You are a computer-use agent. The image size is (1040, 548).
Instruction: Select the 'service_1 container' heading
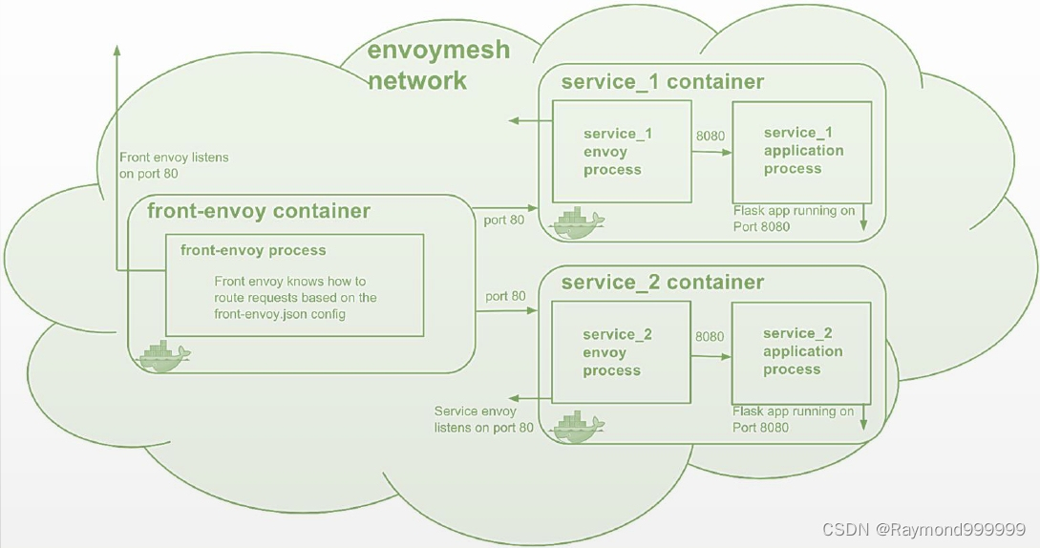click(662, 81)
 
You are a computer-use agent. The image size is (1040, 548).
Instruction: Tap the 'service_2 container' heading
click(662, 282)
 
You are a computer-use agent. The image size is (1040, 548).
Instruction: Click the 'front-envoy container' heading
click(259, 210)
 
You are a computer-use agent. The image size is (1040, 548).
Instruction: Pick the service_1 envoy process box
click(622, 152)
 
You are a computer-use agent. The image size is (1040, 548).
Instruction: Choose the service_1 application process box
click(801, 150)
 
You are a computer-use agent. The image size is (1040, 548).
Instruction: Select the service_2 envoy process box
click(621, 352)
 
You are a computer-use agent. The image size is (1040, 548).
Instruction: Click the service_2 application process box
click(801, 351)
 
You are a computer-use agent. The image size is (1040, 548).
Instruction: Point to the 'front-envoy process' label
click(253, 250)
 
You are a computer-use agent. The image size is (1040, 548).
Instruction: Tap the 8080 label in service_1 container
click(710, 136)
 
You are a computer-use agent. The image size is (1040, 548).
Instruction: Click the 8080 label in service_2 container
click(710, 336)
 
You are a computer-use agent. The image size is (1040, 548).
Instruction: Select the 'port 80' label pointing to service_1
click(505, 220)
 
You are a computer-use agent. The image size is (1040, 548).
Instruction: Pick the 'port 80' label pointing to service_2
click(505, 296)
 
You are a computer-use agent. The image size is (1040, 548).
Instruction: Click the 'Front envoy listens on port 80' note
click(174, 165)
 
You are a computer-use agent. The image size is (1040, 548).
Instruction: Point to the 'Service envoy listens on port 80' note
click(484, 419)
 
